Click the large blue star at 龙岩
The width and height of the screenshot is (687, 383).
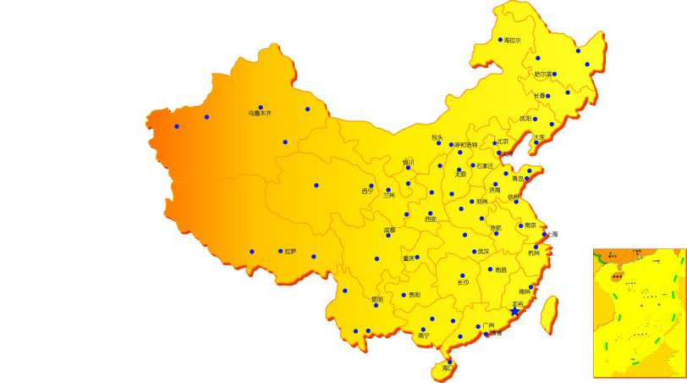tap(514, 312)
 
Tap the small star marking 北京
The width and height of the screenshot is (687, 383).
tap(496, 142)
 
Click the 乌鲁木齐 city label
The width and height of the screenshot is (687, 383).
tap(260, 113)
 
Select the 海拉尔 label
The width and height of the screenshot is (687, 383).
tap(513, 40)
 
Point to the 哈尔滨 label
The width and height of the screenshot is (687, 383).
tap(542, 74)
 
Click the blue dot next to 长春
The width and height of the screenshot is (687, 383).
tap(548, 96)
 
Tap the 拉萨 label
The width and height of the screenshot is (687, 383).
tap(290, 251)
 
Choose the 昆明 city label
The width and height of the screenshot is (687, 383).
tap(376, 298)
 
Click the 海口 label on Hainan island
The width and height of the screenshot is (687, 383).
tap(448, 368)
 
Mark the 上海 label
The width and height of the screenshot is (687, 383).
tap(552, 234)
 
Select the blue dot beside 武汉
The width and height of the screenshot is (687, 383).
tap(475, 252)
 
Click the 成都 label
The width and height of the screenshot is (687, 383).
tap(389, 230)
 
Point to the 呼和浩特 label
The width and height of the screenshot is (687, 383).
tap(466, 145)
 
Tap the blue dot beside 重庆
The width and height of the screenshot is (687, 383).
tap(417, 258)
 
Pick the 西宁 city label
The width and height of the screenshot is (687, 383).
tap(367, 191)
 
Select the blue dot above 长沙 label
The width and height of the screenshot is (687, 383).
tap(463, 275)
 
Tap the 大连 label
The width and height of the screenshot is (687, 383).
tap(539, 137)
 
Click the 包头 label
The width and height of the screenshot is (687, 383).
tap(437, 137)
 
